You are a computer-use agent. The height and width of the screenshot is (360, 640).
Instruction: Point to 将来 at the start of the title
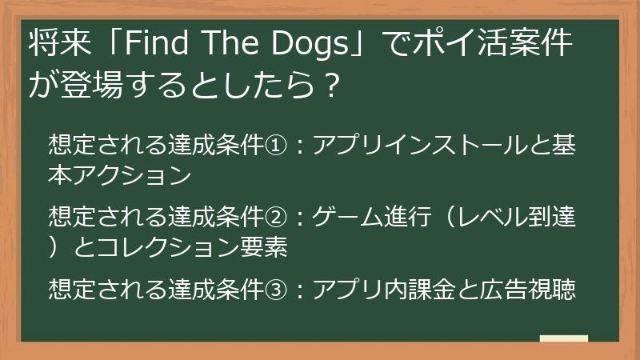pyautogui.click(x=54, y=45)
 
